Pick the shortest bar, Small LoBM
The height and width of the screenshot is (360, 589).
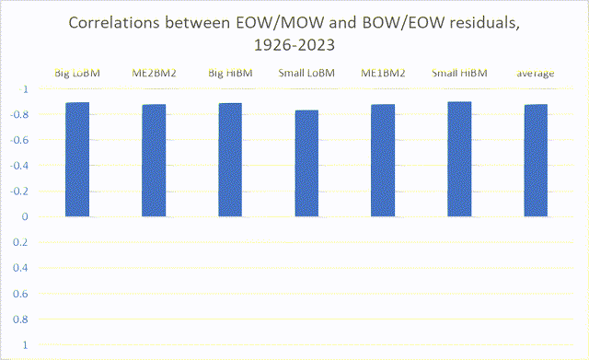coord(306,163)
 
